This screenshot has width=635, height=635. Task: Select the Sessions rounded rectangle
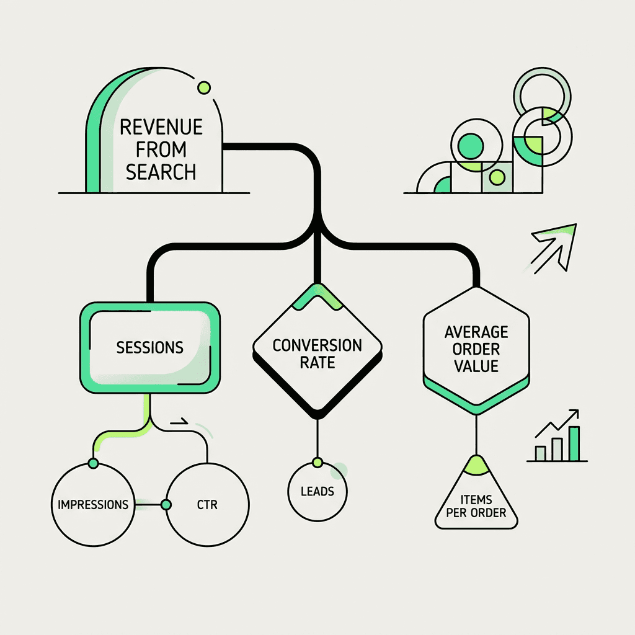149,347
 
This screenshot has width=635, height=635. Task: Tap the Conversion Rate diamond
317,353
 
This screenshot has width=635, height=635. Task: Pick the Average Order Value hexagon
476,349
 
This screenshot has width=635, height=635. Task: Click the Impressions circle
93,504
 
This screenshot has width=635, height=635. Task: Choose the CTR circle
208,504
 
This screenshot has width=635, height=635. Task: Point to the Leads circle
317,491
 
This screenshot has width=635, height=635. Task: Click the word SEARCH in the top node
161,172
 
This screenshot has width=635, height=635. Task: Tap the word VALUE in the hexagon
476,366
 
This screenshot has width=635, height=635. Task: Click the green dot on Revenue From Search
203,88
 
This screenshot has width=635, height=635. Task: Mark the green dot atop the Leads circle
317,463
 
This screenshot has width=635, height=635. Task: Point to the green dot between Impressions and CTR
166,505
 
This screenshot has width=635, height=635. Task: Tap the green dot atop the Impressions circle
93,463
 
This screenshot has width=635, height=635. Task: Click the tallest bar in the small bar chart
574,443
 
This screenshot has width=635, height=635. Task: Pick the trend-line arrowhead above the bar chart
574,414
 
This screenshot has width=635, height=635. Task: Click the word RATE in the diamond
317,362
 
